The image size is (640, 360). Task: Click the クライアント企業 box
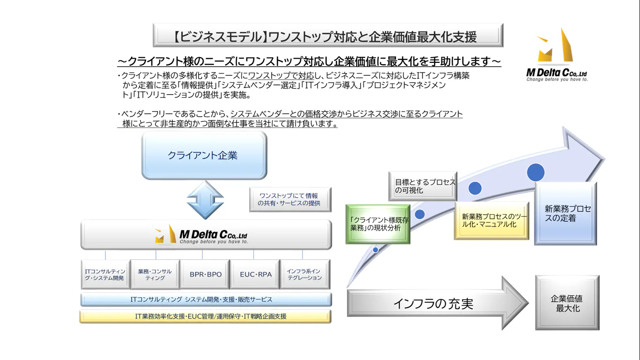tap(204, 156)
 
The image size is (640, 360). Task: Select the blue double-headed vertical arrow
tap(205, 199)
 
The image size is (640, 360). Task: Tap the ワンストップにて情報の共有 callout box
tap(290, 199)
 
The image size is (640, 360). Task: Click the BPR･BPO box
tap(206, 274)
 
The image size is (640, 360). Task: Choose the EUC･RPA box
tap(255, 274)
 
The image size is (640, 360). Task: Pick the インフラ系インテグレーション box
tap(304, 274)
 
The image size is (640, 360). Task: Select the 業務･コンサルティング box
tap(155, 274)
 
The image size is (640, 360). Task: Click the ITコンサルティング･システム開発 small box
tap(105, 274)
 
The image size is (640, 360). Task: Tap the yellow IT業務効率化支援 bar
tap(206, 316)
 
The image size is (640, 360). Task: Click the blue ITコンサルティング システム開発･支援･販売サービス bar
tap(206, 299)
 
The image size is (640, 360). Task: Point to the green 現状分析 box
tap(378, 224)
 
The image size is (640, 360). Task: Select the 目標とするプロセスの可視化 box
tap(423, 186)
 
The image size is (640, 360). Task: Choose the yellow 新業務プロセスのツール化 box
tap(491, 220)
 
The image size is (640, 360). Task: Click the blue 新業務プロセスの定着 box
tap(566, 214)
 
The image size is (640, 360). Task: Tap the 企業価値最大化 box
tap(567, 303)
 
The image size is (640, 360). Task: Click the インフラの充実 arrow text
tap(433, 304)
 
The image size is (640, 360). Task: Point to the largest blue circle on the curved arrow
tap(536, 172)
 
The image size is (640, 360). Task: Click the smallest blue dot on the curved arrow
tap(376, 250)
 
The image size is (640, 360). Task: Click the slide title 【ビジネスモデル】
tap(327, 36)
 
